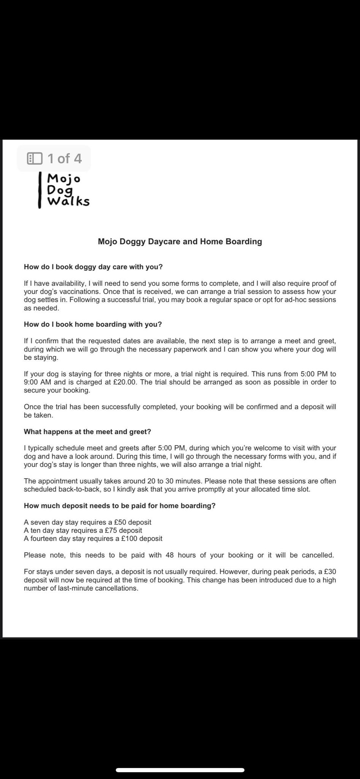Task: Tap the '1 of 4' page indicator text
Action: click(x=64, y=158)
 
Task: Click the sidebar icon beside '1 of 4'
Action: click(x=35, y=158)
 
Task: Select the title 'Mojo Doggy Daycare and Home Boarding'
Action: click(x=180, y=242)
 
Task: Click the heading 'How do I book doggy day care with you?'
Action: click(x=93, y=267)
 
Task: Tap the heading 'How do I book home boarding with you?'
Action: click(x=93, y=324)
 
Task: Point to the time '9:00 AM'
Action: click(x=37, y=382)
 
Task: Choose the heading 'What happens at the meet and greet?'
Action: click(x=87, y=432)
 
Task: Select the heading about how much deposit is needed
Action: click(x=120, y=506)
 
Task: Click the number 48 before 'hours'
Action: click(x=170, y=555)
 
